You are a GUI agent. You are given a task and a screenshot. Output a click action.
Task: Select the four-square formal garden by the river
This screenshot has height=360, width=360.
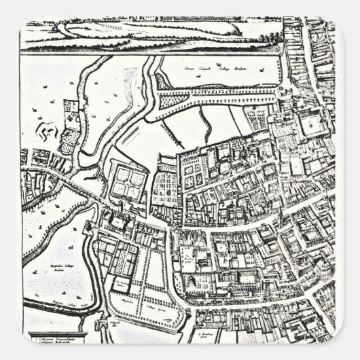point(127,181)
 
